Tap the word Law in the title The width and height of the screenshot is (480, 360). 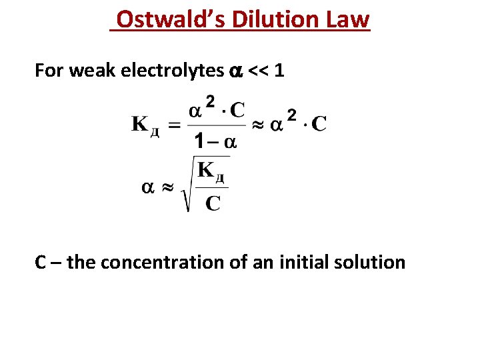[348, 19]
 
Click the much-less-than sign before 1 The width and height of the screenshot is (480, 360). [259, 71]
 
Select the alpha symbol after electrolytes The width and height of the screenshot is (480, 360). [235, 71]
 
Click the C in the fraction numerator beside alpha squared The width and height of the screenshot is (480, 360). [237, 109]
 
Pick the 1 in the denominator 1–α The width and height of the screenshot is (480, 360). [199, 141]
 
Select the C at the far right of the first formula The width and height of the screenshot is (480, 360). [319, 124]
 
